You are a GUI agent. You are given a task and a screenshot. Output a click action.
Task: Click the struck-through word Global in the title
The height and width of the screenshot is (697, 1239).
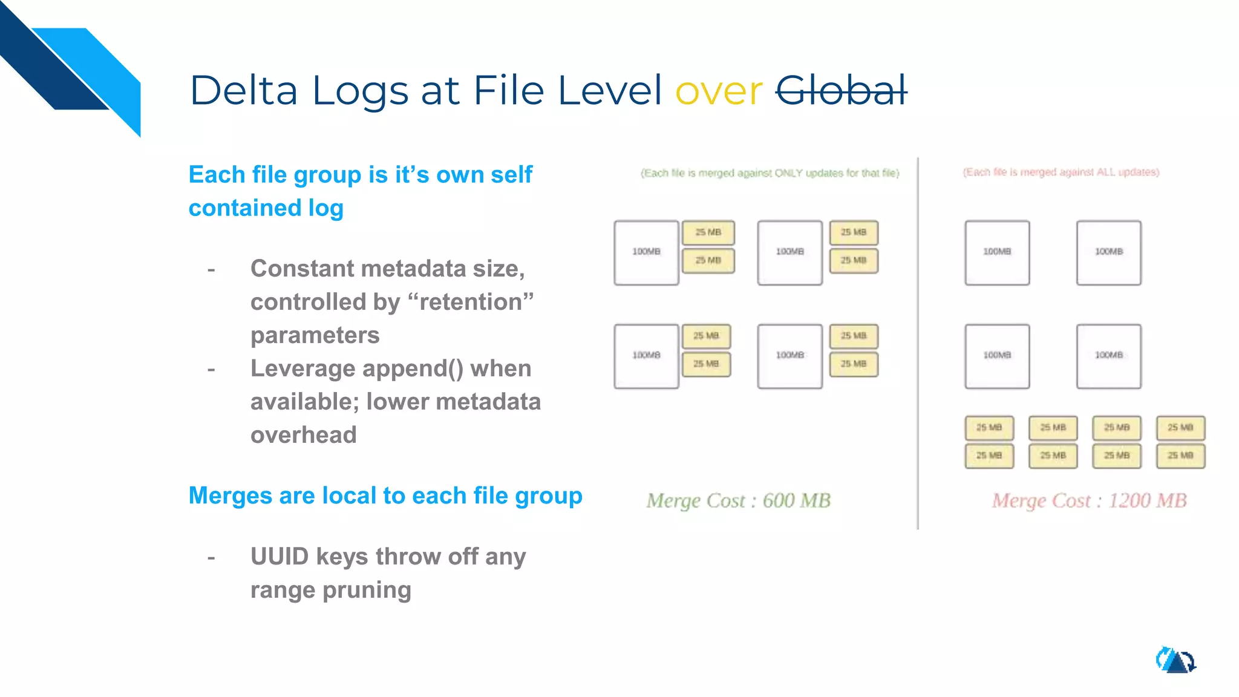tap(841, 91)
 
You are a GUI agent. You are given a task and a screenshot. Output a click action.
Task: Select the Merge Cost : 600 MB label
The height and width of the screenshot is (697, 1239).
tap(738, 500)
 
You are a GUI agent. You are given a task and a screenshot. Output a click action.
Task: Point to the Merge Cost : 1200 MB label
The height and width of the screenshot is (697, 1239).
tap(1089, 500)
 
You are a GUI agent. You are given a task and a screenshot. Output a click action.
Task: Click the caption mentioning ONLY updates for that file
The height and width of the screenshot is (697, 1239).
tap(770, 173)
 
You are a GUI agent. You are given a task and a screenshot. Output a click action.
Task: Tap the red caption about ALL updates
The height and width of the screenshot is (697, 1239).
tap(1061, 172)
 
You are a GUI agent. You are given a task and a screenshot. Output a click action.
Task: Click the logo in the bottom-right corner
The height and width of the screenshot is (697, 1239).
tap(1175, 660)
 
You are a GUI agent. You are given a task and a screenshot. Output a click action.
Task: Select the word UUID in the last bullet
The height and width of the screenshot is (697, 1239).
tap(280, 557)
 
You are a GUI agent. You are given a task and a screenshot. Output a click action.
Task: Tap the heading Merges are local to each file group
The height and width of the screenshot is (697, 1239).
tap(385, 496)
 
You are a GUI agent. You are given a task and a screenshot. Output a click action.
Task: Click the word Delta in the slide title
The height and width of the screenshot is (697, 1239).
tap(244, 91)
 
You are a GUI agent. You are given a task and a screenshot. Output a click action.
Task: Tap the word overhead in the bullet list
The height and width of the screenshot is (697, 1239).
tap(304, 435)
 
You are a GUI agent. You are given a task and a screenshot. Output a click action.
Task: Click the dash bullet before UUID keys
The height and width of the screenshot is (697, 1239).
tap(211, 557)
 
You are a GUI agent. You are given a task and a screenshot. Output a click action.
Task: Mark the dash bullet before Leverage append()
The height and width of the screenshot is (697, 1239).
tap(211, 369)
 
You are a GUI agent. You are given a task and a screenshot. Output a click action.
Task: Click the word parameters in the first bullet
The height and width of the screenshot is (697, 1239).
tap(315, 335)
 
